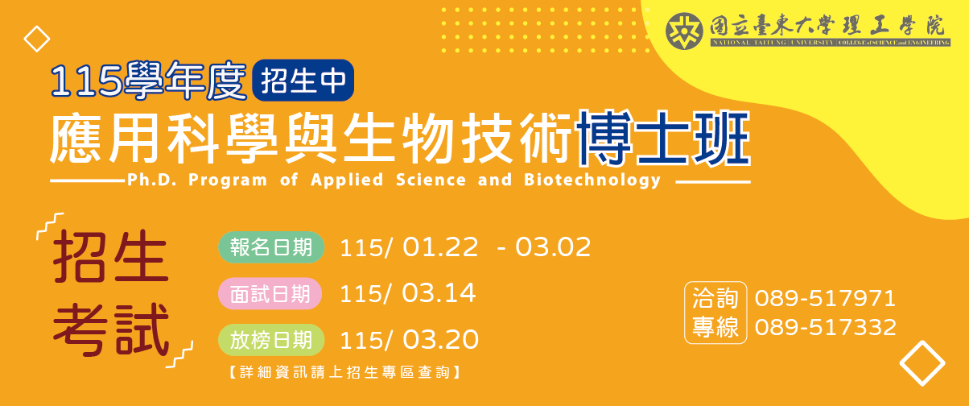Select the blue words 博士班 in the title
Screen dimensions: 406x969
664,138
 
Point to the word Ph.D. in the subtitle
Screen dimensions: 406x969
151,180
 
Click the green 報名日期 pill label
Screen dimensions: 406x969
271,247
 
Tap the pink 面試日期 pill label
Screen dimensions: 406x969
270,294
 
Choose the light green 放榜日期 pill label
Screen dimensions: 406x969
271,340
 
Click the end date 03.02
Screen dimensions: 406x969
553,247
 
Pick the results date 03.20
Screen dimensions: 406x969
441,340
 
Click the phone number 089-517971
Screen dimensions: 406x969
825,299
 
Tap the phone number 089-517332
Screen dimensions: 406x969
825,328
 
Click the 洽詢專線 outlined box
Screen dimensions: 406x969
715,313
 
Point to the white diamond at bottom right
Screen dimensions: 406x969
922,363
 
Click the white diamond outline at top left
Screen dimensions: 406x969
37,39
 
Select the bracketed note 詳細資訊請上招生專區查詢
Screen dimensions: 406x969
344,372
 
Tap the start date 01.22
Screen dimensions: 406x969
440,247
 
